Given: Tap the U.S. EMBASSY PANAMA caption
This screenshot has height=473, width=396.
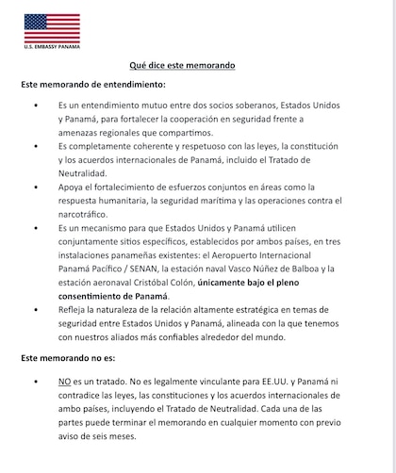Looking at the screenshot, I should [x=52, y=46].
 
